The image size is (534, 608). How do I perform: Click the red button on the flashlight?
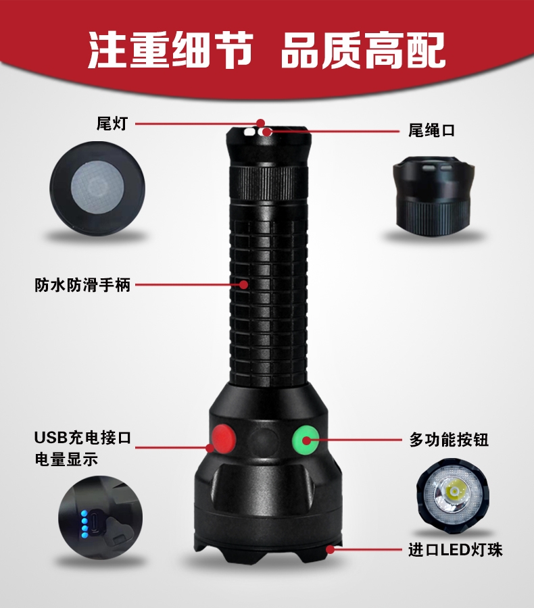coord(224,438)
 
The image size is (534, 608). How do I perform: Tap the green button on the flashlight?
coord(306,438)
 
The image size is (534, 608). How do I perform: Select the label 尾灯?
coord(112,124)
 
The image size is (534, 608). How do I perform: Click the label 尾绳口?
coord(431,130)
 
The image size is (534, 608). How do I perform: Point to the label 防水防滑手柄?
coord(82,285)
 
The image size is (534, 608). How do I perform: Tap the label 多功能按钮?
coord(449,440)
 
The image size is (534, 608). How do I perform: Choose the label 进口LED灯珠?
coord(455,550)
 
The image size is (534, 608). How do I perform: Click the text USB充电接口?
coord(82,437)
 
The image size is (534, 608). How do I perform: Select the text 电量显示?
coord(66,459)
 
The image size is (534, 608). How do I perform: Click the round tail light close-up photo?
coord(97,189)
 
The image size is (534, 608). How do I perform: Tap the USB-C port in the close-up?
coord(96,524)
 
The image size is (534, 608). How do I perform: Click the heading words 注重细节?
coord(171,51)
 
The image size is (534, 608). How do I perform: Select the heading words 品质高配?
coord(363,51)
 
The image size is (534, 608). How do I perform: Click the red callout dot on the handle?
coord(244,284)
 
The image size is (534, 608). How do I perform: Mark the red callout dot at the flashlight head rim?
coord(331,549)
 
